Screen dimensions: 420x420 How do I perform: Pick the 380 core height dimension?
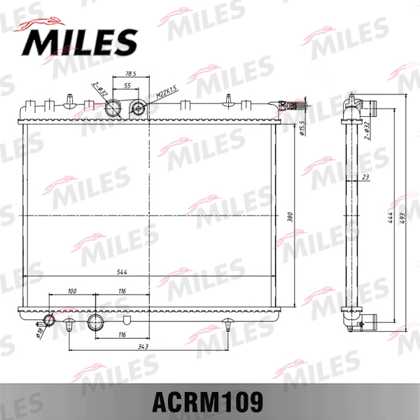pos(289,217)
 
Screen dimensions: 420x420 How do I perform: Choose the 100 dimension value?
pos(71,290)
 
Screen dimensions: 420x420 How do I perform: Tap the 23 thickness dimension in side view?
pos(365,177)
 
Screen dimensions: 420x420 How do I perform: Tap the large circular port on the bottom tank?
pos(96,323)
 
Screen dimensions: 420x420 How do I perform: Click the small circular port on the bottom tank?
pos(49,321)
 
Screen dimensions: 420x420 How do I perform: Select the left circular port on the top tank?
pos(113,109)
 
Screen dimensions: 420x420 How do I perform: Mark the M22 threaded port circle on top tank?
pos(139,108)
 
